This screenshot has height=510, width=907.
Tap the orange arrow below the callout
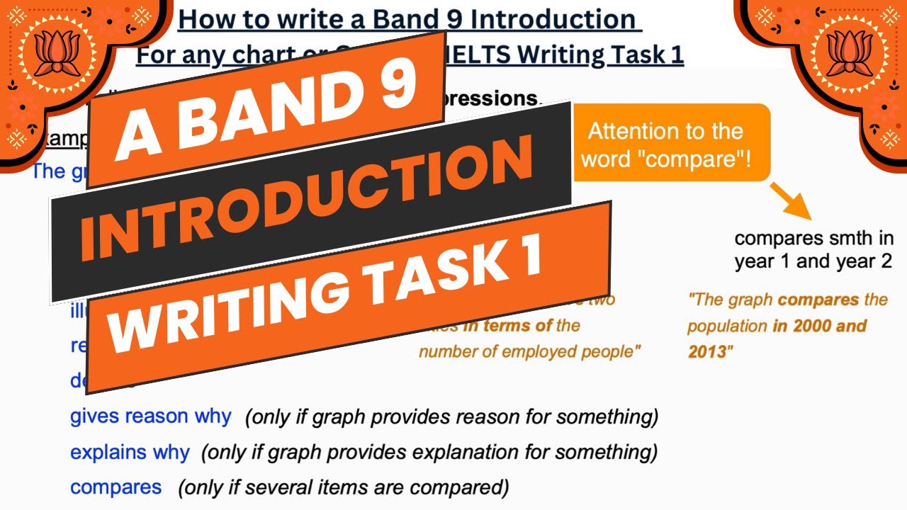pyautogui.click(x=791, y=201)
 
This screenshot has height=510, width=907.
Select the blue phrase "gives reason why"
pyautogui.click(x=150, y=416)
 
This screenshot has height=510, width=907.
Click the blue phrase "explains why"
pyautogui.click(x=130, y=452)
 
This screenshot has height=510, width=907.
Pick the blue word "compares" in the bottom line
pyautogui.click(x=116, y=487)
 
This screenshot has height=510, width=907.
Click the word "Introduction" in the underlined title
pyautogui.click(x=553, y=19)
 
